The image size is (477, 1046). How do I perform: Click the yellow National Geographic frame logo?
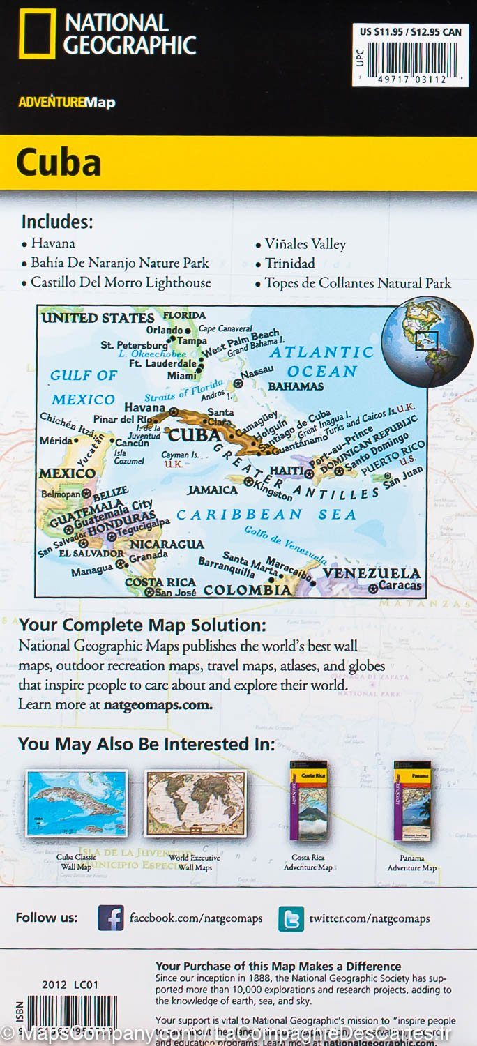(x=37, y=33)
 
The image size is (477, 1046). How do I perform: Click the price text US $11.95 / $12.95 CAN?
(x=410, y=31)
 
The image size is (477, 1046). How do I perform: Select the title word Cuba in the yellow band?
(x=59, y=162)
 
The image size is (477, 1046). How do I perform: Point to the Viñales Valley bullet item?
(x=305, y=244)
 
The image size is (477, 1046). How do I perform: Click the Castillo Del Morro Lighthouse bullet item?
(x=121, y=282)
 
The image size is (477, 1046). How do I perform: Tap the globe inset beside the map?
(x=426, y=342)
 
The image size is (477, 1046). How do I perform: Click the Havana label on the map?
(x=144, y=407)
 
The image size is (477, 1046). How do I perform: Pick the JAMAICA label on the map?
(x=213, y=490)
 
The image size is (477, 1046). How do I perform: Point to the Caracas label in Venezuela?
(x=400, y=586)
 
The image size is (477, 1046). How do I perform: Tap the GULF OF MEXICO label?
(x=83, y=387)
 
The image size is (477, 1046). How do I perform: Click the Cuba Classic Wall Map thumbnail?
(x=77, y=803)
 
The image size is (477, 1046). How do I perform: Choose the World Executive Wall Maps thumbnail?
(x=195, y=803)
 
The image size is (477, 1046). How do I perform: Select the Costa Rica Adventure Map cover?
(x=308, y=802)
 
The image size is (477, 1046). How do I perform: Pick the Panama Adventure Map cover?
(x=412, y=802)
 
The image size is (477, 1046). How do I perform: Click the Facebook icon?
(x=110, y=918)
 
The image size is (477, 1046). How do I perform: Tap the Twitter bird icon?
(x=291, y=918)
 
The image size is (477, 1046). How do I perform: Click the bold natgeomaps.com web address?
(x=158, y=704)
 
